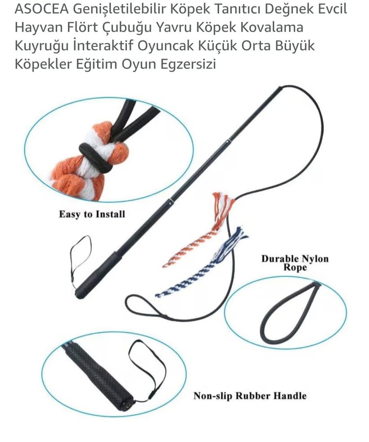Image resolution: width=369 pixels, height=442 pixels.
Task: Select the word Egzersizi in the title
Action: (192, 64)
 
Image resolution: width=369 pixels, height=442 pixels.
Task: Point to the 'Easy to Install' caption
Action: (92, 214)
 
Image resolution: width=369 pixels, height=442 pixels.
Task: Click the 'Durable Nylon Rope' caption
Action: (295, 262)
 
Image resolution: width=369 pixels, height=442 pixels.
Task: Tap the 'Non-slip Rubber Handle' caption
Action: (250, 395)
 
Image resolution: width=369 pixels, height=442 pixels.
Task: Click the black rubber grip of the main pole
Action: (98, 271)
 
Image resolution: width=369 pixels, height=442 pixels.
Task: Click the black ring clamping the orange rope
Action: (96, 156)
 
